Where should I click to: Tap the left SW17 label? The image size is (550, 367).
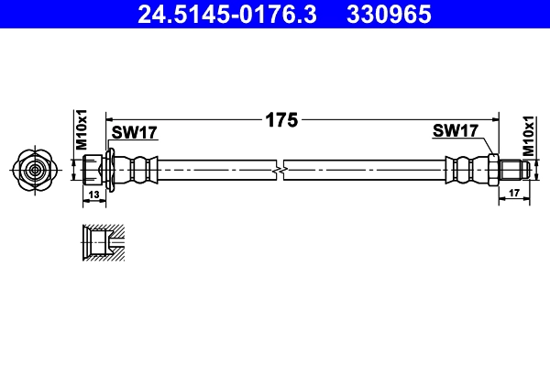tap(135, 132)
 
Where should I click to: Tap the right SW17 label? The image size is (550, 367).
tap(456, 131)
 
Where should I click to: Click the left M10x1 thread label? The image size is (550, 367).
tap(81, 130)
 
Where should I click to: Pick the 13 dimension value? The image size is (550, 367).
tap(93, 195)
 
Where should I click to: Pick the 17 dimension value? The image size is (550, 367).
tap(512, 192)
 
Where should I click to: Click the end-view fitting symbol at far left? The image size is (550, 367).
tap(34, 170)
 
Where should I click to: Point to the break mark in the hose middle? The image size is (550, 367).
tap(280, 170)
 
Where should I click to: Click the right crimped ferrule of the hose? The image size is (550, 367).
tap(463, 170)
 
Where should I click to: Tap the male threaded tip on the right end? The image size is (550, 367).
tap(513, 170)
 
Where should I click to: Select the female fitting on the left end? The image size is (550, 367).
tap(93, 170)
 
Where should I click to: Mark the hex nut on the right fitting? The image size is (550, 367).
tap(492, 170)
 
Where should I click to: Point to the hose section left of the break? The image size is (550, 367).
tap(215, 170)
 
